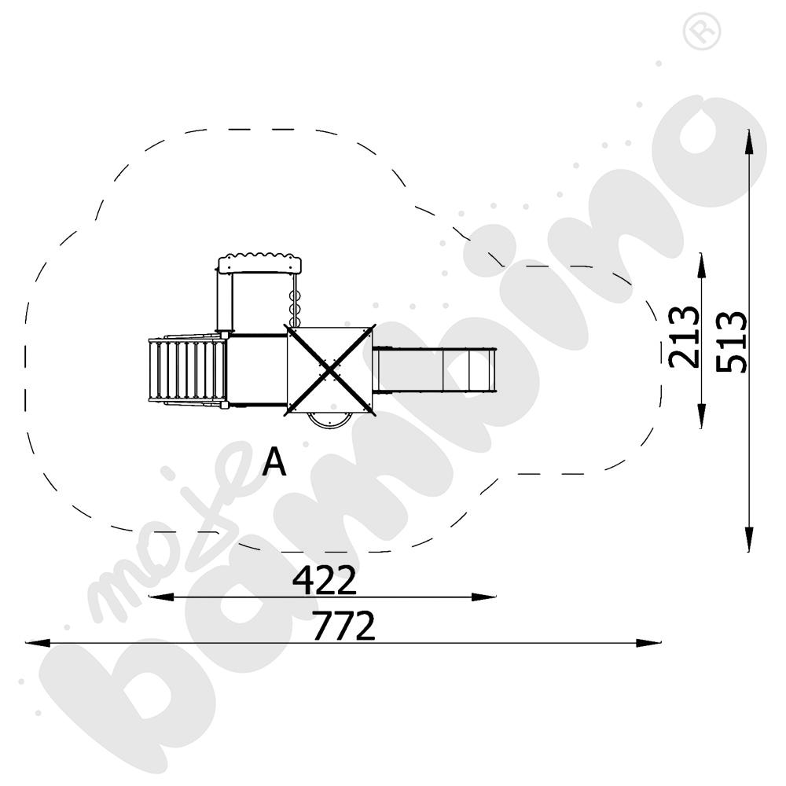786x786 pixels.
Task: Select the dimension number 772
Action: coord(344,625)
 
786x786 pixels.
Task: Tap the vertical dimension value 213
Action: coord(685,337)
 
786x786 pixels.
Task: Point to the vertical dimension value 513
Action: coord(731,342)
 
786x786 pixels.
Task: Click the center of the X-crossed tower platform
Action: coord(329,370)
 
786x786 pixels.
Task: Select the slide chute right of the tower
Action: coord(434,370)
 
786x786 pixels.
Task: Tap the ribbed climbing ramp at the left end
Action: coord(186,370)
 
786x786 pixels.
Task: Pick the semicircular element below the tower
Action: coord(329,420)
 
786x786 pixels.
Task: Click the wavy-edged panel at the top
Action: coord(260,263)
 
